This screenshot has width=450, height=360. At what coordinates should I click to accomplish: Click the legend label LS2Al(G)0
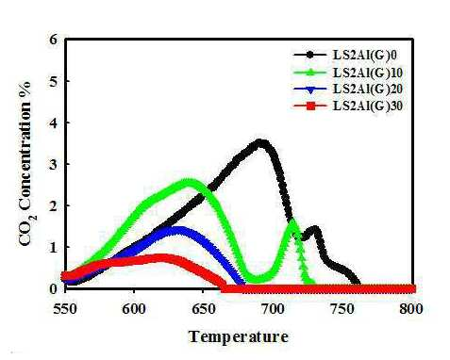tap(364, 55)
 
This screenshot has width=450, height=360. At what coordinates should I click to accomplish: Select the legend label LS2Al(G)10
tap(368, 73)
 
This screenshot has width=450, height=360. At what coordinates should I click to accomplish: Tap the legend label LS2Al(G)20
tap(368, 90)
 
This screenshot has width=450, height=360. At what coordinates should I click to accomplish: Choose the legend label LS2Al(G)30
tap(368, 106)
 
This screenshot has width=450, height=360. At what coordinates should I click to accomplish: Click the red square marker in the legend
tap(310, 106)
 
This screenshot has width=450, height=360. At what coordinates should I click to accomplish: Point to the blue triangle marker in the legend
tap(310, 90)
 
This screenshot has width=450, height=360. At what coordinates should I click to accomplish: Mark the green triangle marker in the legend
tap(310, 73)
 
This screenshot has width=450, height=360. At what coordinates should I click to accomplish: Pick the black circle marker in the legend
tap(310, 55)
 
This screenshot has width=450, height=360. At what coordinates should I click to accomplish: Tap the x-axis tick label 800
tap(411, 309)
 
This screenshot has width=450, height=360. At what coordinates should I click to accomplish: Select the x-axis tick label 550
tap(65, 309)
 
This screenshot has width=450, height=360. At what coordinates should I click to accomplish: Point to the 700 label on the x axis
tap(273, 309)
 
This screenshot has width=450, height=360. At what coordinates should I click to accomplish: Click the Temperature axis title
tap(239, 336)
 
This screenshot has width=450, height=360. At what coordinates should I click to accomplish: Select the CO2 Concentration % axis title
tap(26, 164)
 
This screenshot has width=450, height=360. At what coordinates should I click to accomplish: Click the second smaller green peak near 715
tap(292, 221)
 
